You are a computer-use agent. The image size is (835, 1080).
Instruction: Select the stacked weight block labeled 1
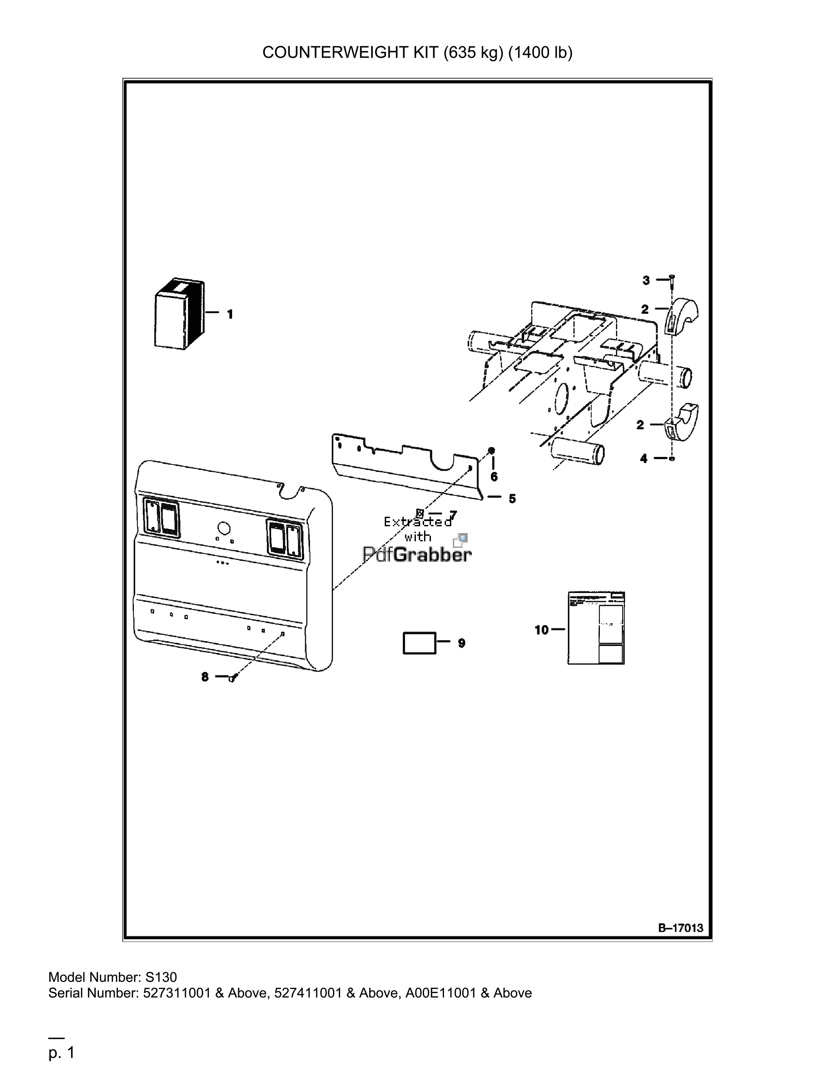pyautogui.click(x=179, y=315)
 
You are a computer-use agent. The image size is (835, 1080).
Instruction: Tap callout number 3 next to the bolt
pyautogui.click(x=646, y=280)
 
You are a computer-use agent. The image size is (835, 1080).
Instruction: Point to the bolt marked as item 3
pyautogui.click(x=671, y=284)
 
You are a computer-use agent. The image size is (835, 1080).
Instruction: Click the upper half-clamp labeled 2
pyautogui.click(x=681, y=317)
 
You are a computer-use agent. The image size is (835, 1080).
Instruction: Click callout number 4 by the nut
pyautogui.click(x=643, y=459)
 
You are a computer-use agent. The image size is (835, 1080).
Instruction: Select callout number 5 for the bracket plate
pyautogui.click(x=512, y=498)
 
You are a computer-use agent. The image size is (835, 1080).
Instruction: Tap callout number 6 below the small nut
pyautogui.click(x=494, y=477)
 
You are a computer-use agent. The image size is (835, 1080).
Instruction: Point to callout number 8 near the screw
pyautogui.click(x=205, y=677)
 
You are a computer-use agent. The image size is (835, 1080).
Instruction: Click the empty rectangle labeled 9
pyautogui.click(x=419, y=643)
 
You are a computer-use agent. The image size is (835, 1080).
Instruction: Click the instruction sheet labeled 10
pyautogui.click(x=596, y=627)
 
